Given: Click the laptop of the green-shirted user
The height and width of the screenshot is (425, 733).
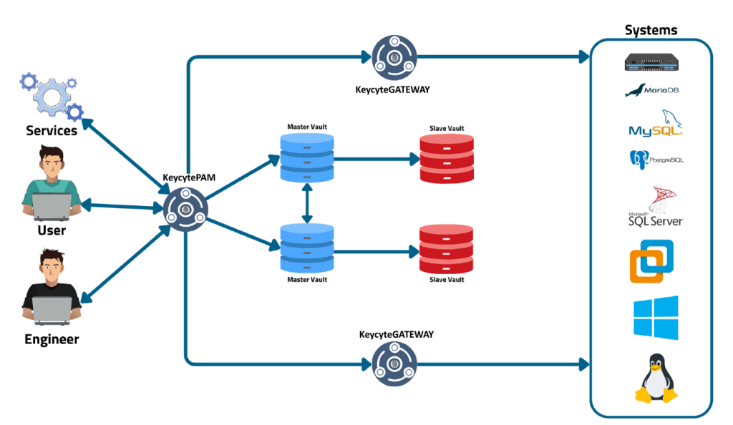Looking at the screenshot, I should [52, 206].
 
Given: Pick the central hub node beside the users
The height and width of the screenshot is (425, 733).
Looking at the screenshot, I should [185, 210].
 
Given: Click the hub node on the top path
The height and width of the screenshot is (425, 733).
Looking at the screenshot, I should [394, 57].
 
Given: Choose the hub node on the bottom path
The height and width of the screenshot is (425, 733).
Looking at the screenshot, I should [394, 363].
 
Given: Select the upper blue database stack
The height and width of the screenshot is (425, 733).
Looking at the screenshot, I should [307, 157].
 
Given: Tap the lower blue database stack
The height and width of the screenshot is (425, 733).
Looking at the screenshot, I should [307, 248].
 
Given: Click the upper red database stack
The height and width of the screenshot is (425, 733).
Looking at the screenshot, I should [447, 158].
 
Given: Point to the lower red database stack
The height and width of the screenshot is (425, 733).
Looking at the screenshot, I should [446, 248].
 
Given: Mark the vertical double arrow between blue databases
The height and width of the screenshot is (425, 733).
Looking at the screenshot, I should [307, 202].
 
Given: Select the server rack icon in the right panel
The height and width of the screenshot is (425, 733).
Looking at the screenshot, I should [651, 62].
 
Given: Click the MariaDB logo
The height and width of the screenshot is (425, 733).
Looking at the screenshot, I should [651, 91].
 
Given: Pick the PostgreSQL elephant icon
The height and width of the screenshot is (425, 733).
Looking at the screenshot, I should [639, 159].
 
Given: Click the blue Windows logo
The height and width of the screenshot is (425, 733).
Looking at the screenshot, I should [655, 318].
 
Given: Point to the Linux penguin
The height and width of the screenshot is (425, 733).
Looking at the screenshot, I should [655, 378].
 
